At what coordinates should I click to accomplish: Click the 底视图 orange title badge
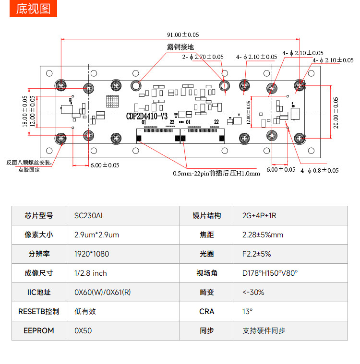[x=33, y=9]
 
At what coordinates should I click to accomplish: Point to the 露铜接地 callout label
[x=180, y=47]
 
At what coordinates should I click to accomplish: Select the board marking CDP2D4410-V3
[x=147, y=116]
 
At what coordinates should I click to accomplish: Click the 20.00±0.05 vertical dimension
[x=336, y=112]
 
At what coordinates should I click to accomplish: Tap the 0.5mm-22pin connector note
[x=216, y=173]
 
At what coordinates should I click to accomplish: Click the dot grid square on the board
[x=112, y=101]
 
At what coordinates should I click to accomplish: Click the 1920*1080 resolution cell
[x=92, y=254]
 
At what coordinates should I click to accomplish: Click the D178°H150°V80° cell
[x=270, y=273]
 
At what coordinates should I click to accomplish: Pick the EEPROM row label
[x=39, y=330]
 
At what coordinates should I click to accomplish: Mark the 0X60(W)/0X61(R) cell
[x=102, y=292]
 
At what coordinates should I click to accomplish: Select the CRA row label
[x=207, y=311]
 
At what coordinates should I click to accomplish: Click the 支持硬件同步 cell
[x=264, y=330]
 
